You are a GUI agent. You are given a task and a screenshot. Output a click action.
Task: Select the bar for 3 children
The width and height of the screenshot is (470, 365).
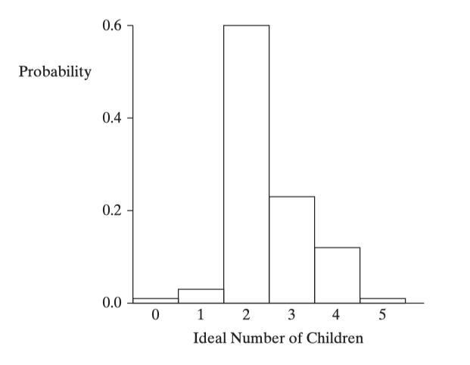[x=291, y=249]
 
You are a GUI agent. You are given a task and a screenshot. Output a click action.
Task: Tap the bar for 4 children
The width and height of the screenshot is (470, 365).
[x=337, y=274]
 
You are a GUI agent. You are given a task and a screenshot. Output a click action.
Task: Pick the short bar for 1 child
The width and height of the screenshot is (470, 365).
[x=201, y=295]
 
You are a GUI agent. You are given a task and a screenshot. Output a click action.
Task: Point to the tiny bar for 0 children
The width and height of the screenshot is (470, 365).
[x=155, y=300]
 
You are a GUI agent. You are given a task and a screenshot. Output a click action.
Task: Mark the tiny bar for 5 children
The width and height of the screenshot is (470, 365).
[x=382, y=300]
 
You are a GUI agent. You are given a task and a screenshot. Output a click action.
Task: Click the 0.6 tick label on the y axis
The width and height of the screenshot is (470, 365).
[x=112, y=26]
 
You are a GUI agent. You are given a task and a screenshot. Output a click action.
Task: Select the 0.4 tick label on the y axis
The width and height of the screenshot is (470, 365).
[x=112, y=118]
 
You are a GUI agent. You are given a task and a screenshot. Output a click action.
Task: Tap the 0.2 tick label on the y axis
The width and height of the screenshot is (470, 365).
[x=112, y=211]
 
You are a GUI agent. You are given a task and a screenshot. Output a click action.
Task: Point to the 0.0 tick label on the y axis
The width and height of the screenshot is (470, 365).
[x=112, y=303]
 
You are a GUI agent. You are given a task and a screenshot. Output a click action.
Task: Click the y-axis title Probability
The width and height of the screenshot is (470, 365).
[x=55, y=73]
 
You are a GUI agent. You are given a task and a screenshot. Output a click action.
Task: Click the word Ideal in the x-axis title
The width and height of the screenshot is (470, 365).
[x=209, y=338]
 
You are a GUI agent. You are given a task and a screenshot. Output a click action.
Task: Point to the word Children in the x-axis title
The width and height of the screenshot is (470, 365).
[x=334, y=338]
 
